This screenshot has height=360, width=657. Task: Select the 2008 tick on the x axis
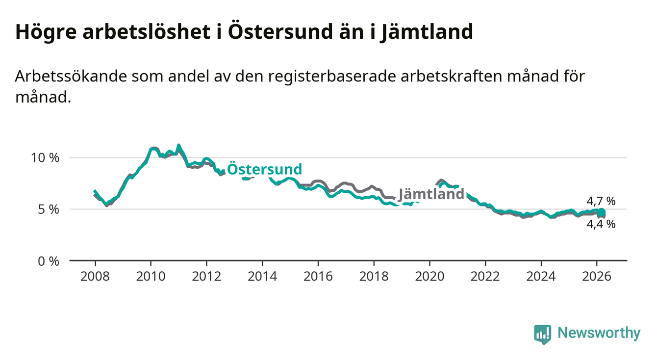[95, 276]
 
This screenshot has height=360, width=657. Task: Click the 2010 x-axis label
[151, 276]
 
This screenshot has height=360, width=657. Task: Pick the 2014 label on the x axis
[262, 276]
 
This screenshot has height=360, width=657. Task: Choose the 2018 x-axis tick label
[374, 276]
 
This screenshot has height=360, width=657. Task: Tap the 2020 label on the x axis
[430, 276]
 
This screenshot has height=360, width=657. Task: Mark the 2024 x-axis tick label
[541, 276]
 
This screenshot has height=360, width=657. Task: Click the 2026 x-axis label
[597, 276]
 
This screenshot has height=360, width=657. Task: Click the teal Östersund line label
[265, 170]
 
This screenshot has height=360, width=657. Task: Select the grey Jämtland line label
[431, 194]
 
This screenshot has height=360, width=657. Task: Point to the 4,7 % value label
[601, 201]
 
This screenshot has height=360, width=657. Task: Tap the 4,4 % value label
[601, 224]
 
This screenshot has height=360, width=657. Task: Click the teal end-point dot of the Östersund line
[602, 212]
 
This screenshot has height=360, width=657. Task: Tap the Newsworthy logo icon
[542, 334]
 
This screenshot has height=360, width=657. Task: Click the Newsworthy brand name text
[599, 334]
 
